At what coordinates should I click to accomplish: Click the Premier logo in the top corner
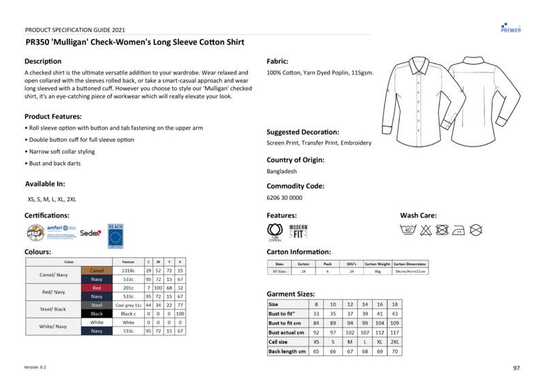click(x=511, y=27)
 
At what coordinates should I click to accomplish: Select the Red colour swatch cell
click(x=97, y=288)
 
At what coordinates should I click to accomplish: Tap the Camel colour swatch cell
click(x=97, y=271)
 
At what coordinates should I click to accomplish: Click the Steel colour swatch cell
click(x=97, y=305)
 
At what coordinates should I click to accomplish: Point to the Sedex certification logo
click(x=91, y=233)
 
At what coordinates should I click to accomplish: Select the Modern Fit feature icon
click(x=298, y=231)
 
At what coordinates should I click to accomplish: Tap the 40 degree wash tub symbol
click(x=409, y=231)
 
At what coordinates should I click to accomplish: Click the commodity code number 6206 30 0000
click(x=284, y=198)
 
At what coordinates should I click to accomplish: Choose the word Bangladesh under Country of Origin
click(x=281, y=171)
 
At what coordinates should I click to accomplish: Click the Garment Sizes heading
click(x=290, y=293)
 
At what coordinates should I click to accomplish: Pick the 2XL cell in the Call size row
click(x=394, y=342)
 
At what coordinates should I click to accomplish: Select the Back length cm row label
click(x=286, y=351)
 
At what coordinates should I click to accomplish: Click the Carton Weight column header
click(x=377, y=263)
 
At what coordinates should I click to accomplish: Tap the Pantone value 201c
click(x=128, y=288)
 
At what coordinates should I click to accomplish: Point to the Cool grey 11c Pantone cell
click(x=128, y=305)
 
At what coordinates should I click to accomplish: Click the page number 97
click(x=516, y=368)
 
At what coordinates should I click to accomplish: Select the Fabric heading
click(x=277, y=61)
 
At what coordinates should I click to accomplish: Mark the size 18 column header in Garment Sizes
click(x=394, y=304)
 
